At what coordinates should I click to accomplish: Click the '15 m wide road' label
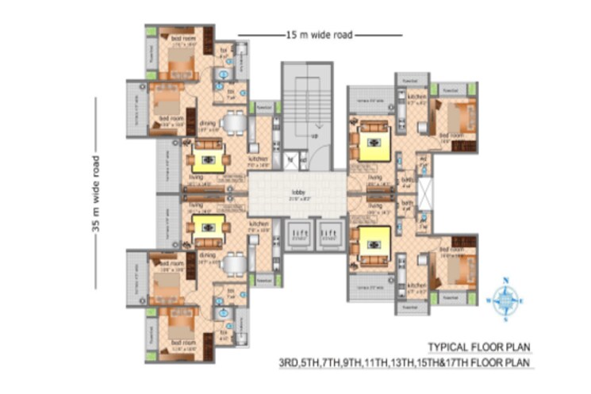click(319, 35)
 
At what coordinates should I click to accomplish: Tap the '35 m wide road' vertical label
click(97, 193)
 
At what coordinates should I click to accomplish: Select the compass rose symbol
click(505, 300)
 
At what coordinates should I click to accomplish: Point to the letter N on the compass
click(505, 280)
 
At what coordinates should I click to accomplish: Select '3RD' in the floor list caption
click(290, 363)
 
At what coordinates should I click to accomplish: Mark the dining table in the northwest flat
click(233, 124)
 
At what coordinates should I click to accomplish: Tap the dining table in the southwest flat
click(233, 264)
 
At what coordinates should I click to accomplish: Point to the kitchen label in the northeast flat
click(417, 97)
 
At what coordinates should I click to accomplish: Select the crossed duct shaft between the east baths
click(426, 193)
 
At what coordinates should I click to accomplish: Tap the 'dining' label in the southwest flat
click(208, 255)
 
